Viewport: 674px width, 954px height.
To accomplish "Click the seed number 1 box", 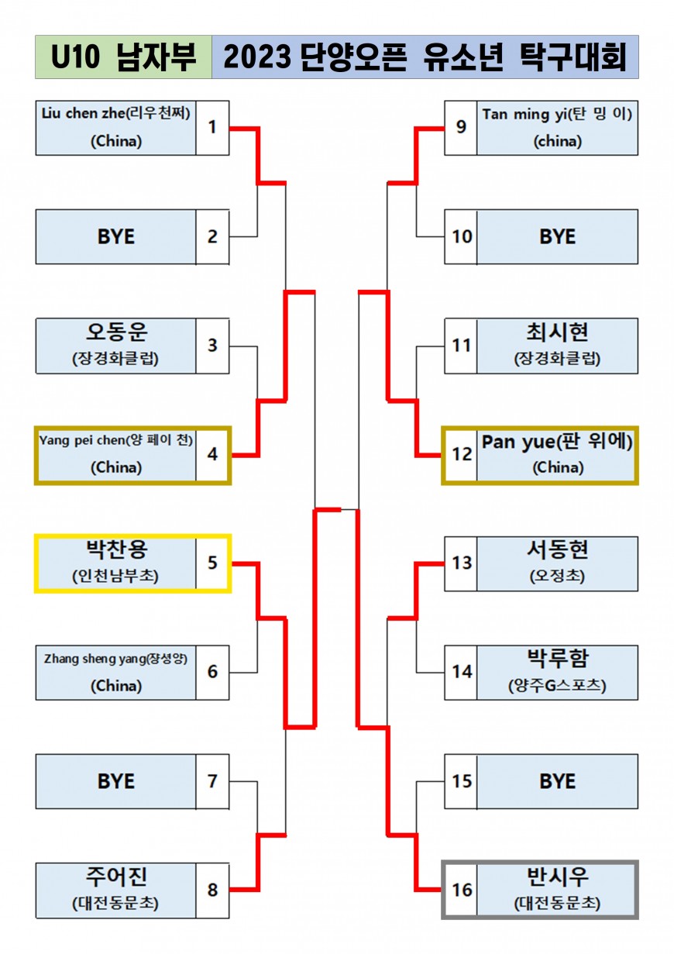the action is point(212,128).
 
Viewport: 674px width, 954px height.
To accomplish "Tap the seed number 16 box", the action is point(461,890).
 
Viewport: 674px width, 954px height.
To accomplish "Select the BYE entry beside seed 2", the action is point(115,237).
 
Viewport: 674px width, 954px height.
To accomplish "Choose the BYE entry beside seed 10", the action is point(557,237).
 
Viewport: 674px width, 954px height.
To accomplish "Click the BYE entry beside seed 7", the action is point(115,781).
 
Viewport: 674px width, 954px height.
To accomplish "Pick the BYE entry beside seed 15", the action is point(557,781).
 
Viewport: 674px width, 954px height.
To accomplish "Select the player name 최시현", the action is point(557,332).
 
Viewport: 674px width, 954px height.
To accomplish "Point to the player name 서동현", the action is point(557,549).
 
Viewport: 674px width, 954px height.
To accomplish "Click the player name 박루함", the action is point(557,659).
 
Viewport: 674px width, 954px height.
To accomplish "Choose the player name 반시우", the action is point(557,877).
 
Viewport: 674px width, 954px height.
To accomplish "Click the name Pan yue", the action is point(518,443).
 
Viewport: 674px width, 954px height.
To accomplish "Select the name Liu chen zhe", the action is point(83,113).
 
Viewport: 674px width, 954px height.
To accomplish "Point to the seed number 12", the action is point(462,454).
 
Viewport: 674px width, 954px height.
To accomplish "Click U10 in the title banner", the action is point(75,57).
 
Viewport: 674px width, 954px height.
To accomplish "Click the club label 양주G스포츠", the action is point(557,685).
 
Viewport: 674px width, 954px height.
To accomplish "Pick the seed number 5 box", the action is point(212,563).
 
